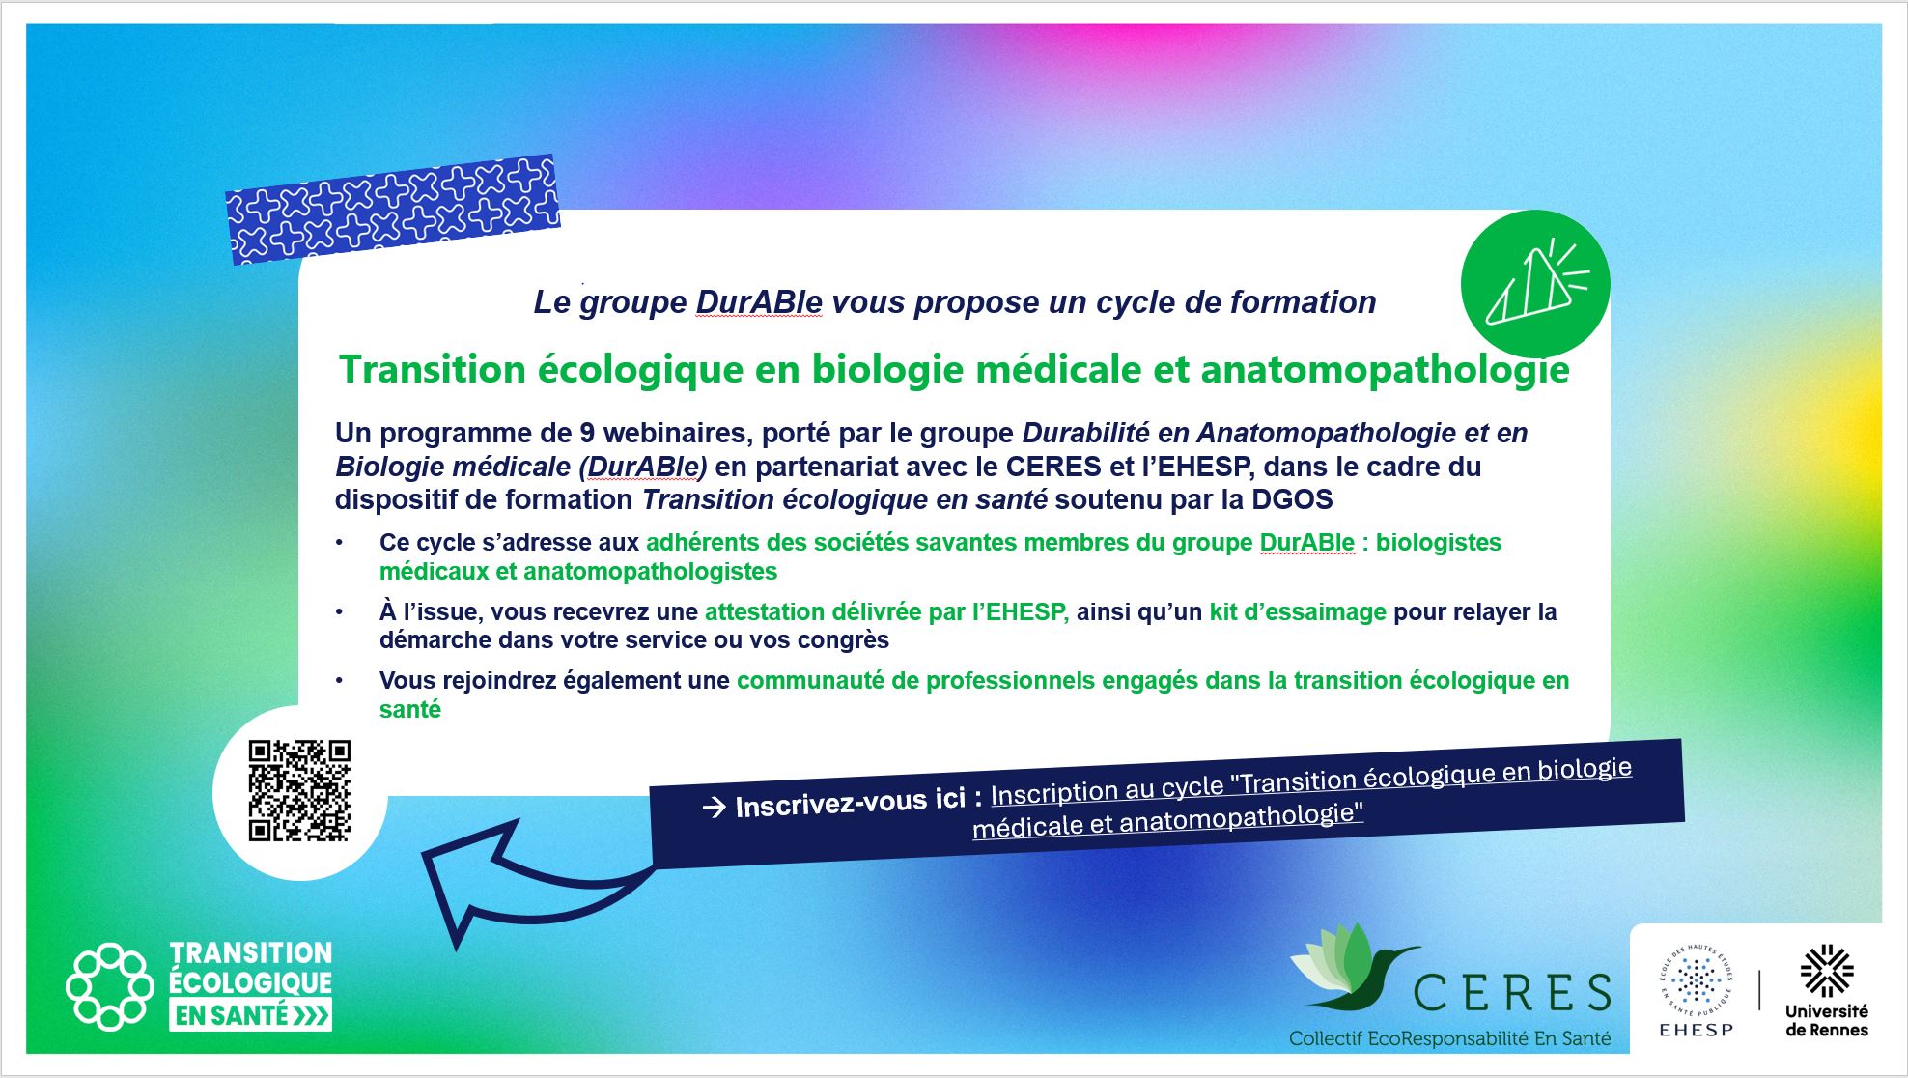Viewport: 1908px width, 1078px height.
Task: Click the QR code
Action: tap(299, 791)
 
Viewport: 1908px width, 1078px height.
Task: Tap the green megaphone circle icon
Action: tap(1535, 284)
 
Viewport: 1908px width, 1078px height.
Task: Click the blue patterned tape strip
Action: tap(392, 210)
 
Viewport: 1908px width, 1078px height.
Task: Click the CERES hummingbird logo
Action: tap(1352, 966)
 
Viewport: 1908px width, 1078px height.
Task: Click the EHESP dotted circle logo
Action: tap(1697, 989)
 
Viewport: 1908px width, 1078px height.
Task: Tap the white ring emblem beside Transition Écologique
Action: tap(110, 986)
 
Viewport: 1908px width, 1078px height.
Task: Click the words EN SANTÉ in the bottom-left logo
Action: tap(230, 1016)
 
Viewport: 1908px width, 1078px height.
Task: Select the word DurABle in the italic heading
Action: tap(759, 302)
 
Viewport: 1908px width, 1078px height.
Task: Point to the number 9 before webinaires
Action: tap(587, 433)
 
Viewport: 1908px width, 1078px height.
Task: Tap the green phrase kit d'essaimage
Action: tap(1298, 611)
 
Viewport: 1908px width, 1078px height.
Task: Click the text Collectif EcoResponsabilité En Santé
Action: tap(1449, 1039)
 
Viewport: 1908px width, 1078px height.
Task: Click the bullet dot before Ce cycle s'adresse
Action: tap(339, 543)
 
